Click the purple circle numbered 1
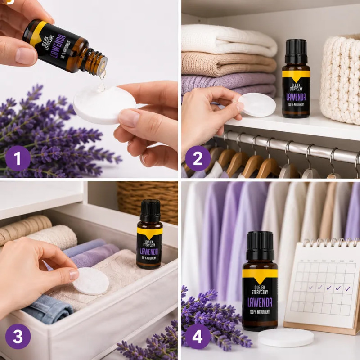[18, 158]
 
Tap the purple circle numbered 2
[198, 158]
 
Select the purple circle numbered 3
[18, 336]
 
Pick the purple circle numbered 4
[198, 336]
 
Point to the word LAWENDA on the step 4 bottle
[260, 302]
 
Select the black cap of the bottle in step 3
[150, 211]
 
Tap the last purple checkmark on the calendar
[347, 288]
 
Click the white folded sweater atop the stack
[229, 40]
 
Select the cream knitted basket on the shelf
[340, 79]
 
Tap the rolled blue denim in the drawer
[48, 309]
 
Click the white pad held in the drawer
[91, 281]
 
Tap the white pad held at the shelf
[257, 105]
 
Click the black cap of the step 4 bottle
[260, 246]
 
